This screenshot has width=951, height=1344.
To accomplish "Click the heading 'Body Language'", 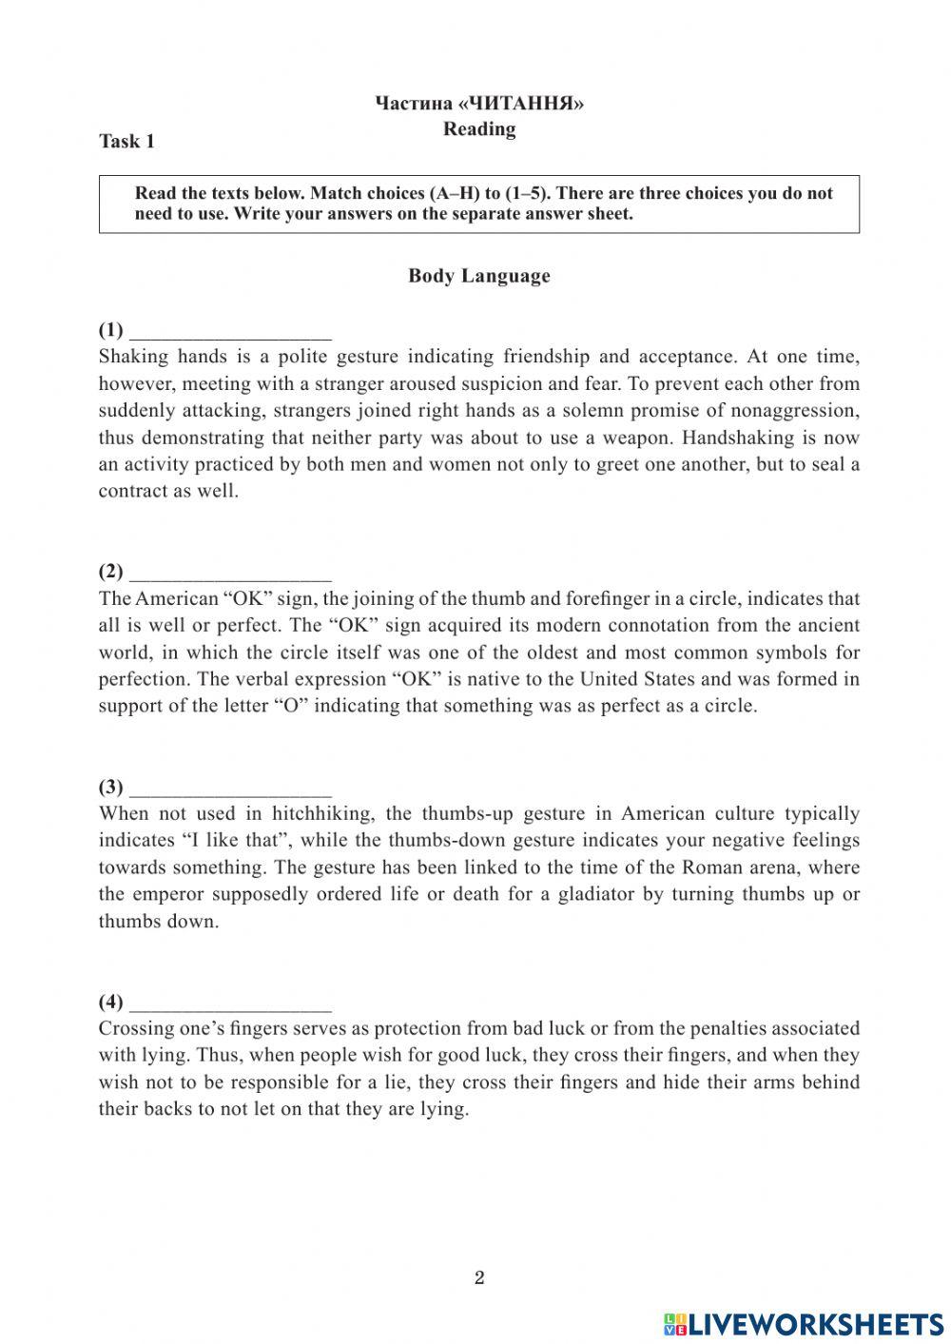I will [x=478, y=276].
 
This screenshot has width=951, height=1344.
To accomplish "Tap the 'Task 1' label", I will [x=126, y=142].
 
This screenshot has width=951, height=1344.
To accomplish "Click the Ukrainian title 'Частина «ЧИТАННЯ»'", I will [x=479, y=104].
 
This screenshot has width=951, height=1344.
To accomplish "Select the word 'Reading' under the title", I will [x=479, y=129].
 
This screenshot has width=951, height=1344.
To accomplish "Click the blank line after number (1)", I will [x=230, y=333].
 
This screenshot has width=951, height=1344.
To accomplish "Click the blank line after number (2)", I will [x=230, y=575].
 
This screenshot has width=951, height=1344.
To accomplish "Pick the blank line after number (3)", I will [x=230, y=789].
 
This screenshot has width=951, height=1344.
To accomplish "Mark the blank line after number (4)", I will [x=230, y=1004].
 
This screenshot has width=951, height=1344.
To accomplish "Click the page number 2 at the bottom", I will [x=479, y=1277].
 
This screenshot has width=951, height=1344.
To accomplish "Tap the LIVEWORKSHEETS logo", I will [x=804, y=1323].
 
